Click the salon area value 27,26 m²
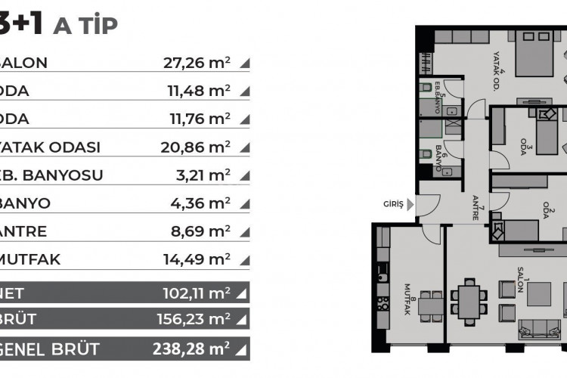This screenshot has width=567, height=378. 197,64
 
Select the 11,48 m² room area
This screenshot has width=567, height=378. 198,91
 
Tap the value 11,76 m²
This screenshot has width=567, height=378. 198,119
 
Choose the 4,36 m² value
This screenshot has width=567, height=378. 202,203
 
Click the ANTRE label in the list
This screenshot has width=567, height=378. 25,231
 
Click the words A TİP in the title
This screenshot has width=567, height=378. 85,26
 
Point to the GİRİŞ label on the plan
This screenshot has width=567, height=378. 393,204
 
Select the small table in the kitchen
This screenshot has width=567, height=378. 431,304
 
